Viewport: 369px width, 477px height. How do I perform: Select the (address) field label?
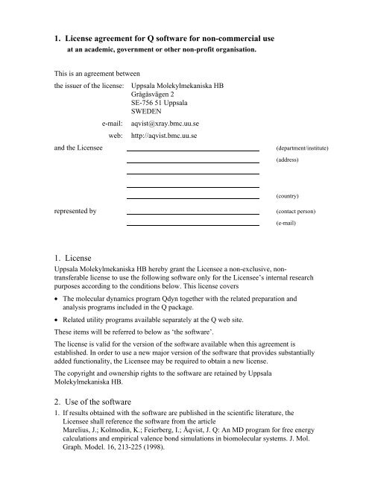click(x=287, y=160)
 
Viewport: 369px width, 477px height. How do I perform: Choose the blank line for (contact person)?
click(x=192, y=213)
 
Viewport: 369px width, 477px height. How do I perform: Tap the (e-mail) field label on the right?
click(x=286, y=223)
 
